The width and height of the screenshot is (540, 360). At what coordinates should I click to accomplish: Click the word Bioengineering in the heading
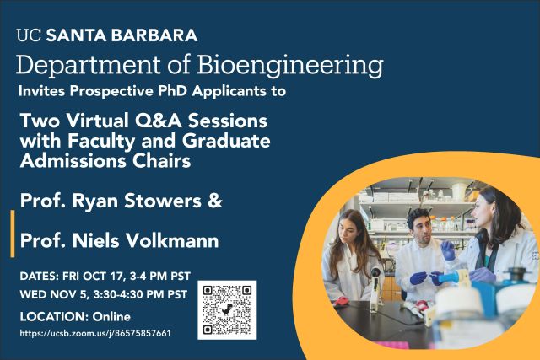290,65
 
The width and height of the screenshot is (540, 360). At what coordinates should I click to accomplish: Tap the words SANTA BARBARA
121,35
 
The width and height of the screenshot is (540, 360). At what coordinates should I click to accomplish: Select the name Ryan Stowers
137,201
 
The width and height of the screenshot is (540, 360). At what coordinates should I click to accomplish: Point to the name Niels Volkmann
145,240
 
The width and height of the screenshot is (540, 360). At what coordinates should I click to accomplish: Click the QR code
227,309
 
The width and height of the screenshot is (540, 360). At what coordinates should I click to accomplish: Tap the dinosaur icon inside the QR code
227,310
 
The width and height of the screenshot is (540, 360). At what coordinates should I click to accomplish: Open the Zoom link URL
95,333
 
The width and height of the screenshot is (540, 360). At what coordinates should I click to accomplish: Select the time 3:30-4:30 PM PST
141,294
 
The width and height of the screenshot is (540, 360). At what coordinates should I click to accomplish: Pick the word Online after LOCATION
111,317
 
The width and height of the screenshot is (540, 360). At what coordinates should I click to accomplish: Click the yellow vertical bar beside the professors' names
13,234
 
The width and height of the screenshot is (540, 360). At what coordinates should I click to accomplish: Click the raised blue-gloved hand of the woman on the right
448,250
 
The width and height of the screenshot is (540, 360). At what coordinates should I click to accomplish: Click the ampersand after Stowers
215,201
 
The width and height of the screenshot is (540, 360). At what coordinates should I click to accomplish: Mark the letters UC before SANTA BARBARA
29,35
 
